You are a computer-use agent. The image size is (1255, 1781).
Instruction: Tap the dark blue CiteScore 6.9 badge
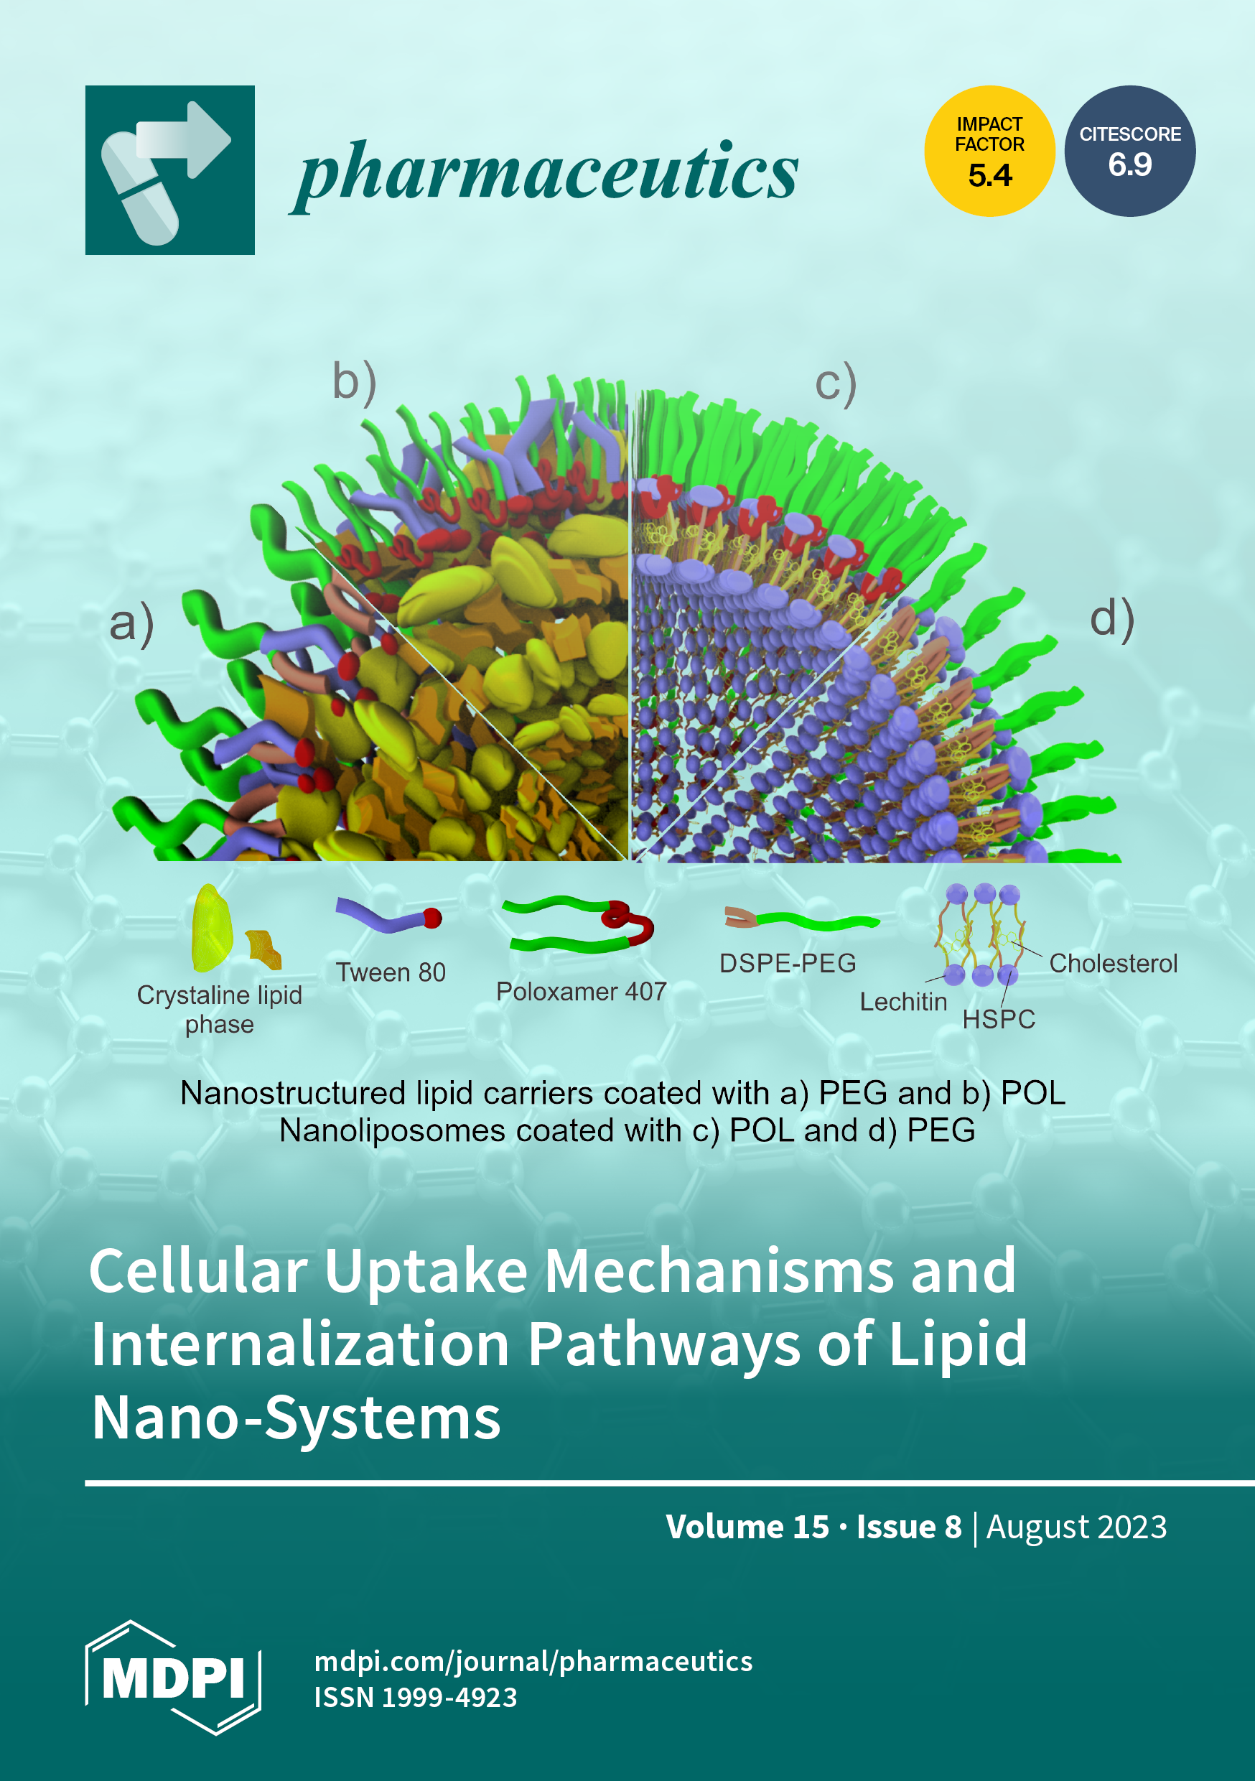pyautogui.click(x=1129, y=152)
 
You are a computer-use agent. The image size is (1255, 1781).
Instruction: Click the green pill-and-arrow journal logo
pyautogui.click(x=170, y=170)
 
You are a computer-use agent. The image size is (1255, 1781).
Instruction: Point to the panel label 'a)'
pyautogui.click(x=132, y=623)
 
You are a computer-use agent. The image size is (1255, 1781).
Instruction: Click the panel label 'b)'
pyautogui.click(x=355, y=383)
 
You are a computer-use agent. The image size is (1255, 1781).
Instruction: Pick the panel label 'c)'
pyautogui.click(x=836, y=384)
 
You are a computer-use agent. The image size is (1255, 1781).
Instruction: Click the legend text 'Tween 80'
pyautogui.click(x=391, y=972)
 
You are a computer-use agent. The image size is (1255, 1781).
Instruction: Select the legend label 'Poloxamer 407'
pyautogui.click(x=581, y=991)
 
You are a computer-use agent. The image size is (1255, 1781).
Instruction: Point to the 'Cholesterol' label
pyautogui.click(x=1113, y=964)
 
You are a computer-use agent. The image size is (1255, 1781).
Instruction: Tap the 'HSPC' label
pyautogui.click(x=998, y=1019)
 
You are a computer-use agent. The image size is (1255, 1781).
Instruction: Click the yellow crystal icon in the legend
pyautogui.click(x=211, y=928)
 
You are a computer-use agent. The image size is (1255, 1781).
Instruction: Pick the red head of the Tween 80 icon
pyautogui.click(x=432, y=919)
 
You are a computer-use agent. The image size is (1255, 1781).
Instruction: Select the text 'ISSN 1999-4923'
pyautogui.click(x=415, y=1697)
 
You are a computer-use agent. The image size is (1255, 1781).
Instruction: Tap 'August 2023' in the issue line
pyautogui.click(x=1076, y=1527)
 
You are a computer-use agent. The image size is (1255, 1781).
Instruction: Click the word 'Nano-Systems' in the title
pyautogui.click(x=297, y=1418)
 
